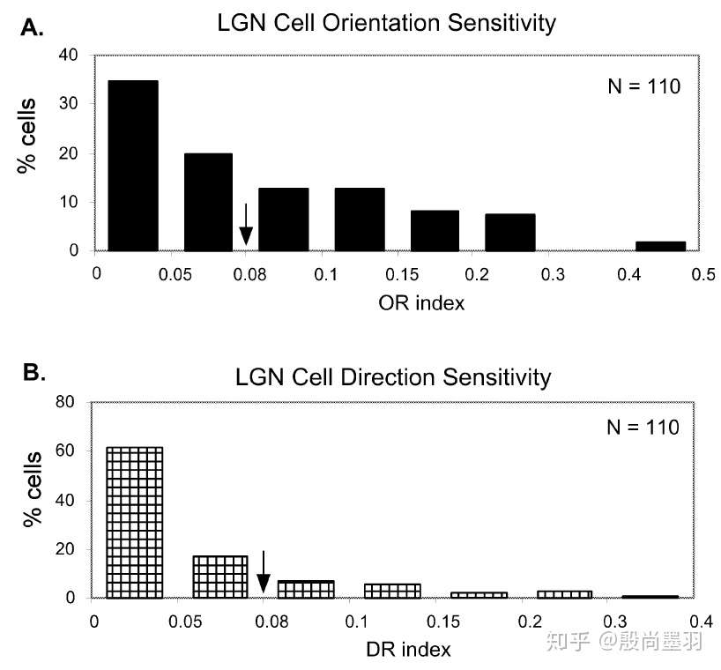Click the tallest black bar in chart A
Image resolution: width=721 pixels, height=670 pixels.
(x=133, y=166)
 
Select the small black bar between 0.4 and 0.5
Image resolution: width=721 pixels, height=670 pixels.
(x=661, y=246)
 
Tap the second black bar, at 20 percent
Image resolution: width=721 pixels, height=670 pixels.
(x=208, y=203)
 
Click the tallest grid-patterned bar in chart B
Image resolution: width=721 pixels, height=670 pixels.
(x=134, y=523)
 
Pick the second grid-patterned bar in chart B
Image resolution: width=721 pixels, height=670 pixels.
(x=220, y=577)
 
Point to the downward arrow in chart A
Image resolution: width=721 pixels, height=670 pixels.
(x=246, y=225)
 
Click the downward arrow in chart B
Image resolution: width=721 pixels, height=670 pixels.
(x=263, y=571)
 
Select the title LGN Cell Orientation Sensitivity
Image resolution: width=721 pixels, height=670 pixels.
(x=386, y=23)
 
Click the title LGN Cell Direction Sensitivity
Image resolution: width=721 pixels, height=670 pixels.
(x=393, y=377)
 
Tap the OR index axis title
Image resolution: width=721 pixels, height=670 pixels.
(x=421, y=303)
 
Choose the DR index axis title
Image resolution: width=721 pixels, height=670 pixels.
(x=408, y=650)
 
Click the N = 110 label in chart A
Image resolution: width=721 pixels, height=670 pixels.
(x=643, y=86)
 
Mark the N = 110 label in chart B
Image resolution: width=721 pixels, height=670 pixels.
(x=643, y=428)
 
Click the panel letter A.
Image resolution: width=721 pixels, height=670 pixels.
(x=33, y=28)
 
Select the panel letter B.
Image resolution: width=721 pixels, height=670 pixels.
(x=34, y=372)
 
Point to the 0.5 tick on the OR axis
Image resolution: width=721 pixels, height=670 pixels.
(x=703, y=274)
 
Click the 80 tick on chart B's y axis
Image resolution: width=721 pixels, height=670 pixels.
(x=65, y=402)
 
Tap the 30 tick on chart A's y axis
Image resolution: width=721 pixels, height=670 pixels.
(x=69, y=103)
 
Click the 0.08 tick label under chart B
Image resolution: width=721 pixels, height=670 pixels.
(x=271, y=622)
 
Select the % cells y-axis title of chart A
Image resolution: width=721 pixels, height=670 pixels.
(x=26, y=136)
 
